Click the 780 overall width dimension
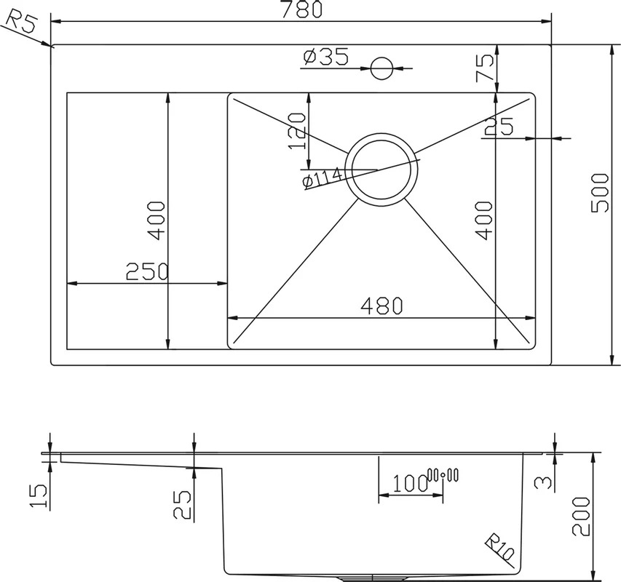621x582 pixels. (x=301, y=9)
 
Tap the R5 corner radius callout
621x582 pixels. (x=22, y=21)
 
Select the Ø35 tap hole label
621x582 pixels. (x=326, y=57)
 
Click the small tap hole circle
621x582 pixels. (x=381, y=68)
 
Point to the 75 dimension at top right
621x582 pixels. (x=486, y=68)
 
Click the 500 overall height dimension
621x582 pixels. (x=600, y=193)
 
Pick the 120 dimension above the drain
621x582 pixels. (x=297, y=131)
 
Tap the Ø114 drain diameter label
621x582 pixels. (x=322, y=178)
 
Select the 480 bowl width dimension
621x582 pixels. (x=382, y=306)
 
